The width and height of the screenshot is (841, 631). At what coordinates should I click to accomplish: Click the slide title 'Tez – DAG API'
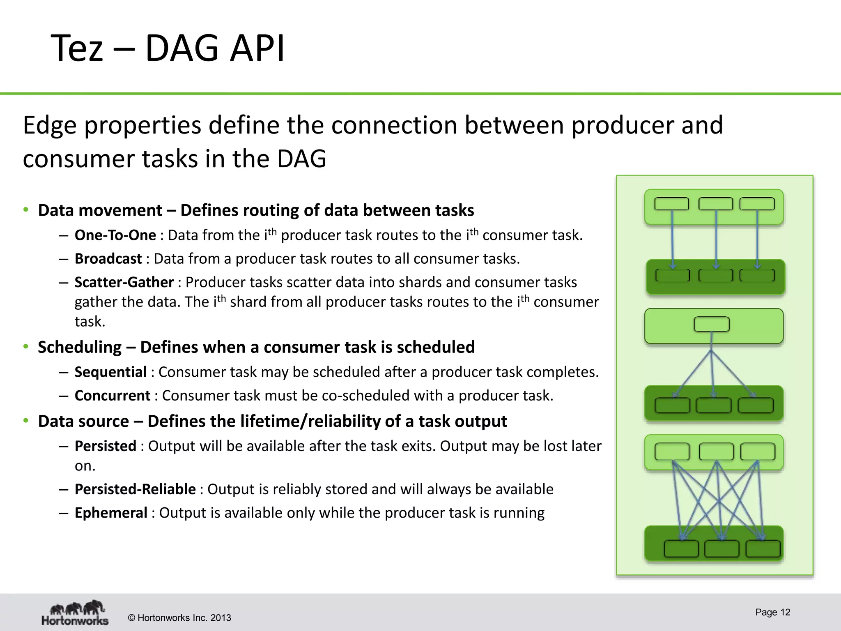coord(167,48)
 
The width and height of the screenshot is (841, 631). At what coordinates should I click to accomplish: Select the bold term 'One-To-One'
coord(115,235)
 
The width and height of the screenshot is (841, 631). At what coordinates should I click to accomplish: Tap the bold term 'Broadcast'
coord(108,259)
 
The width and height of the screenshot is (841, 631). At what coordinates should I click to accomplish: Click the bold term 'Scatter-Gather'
coord(124,282)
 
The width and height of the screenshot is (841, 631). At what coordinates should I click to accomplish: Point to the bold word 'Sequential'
coord(110,372)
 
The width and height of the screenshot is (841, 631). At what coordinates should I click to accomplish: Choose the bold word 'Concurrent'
coord(113,395)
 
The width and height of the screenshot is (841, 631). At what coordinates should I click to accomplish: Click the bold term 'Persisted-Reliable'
coord(135,489)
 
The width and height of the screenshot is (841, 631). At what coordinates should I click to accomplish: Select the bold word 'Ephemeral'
coord(111,513)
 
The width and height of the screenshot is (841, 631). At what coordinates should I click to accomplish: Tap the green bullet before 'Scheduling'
coord(26,347)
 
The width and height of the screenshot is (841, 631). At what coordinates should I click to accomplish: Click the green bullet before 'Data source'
coord(26,421)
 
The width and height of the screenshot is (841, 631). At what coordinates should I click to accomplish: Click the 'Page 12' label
coord(772,612)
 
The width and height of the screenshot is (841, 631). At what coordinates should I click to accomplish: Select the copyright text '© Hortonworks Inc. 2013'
coord(179,618)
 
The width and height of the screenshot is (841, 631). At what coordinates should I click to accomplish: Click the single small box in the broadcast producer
coord(712,324)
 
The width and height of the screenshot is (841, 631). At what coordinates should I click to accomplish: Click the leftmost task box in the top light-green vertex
coord(671,204)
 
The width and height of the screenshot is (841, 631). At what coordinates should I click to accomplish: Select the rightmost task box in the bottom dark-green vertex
coord(763,549)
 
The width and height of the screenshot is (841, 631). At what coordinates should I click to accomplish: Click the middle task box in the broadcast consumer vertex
coord(714,405)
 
